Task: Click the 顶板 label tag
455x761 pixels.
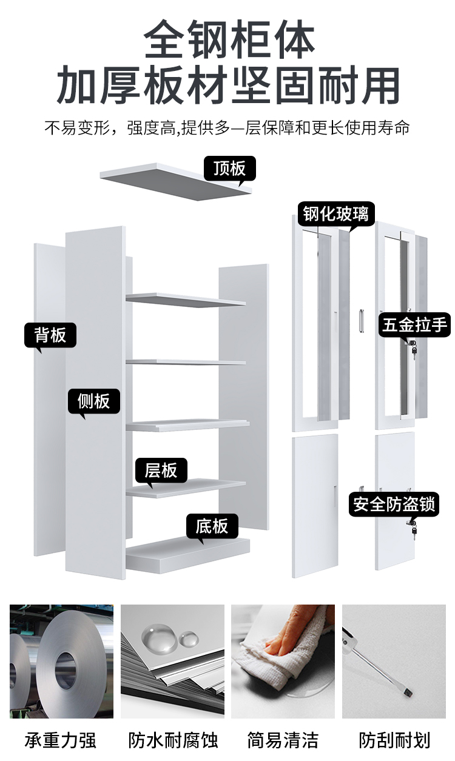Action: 229,168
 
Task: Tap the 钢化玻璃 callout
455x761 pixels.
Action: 335,213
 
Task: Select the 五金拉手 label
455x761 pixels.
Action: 415,325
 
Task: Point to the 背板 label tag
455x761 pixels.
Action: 50,335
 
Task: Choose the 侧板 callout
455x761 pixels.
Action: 93,401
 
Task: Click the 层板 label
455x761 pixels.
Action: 161,470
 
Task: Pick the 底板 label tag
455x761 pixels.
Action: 212,526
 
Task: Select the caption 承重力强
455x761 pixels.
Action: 61,740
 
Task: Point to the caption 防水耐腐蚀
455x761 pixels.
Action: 173,740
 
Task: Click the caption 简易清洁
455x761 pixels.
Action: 283,740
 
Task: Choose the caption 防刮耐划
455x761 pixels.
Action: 394,740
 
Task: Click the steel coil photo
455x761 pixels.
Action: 61,661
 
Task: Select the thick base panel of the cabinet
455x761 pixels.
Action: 188,552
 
